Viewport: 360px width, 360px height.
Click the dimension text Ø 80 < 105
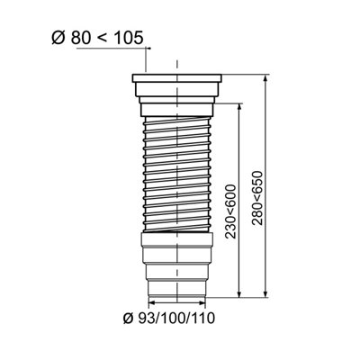pyautogui.click(x=97, y=38)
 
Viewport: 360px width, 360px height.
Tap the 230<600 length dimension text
pyautogui.click(x=231, y=211)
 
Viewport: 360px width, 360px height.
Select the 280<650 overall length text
pyautogui.click(x=257, y=198)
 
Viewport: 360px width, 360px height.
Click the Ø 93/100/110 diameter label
pyautogui.click(x=169, y=318)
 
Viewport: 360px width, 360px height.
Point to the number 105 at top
pyautogui.click(x=129, y=38)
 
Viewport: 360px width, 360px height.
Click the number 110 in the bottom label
pyautogui.click(x=202, y=318)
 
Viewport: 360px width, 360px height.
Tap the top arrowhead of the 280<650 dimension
pyautogui.click(x=265, y=78)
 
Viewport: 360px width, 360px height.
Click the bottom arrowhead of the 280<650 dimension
pyautogui.click(x=265, y=293)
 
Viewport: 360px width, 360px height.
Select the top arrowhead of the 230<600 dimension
pyautogui.click(x=239, y=108)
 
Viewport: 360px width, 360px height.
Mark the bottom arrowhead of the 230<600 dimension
pyautogui.click(x=239, y=293)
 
